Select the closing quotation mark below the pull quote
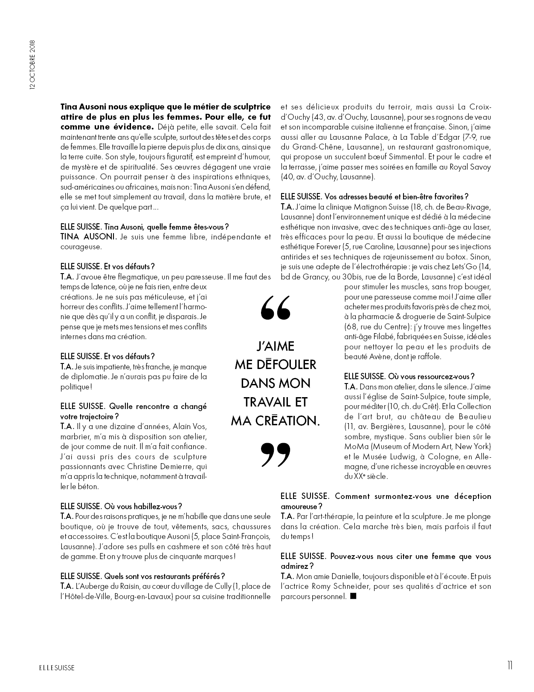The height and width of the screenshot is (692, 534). [275, 454]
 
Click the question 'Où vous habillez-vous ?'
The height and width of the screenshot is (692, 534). [143, 506]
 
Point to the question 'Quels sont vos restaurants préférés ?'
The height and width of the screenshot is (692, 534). [164, 576]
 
